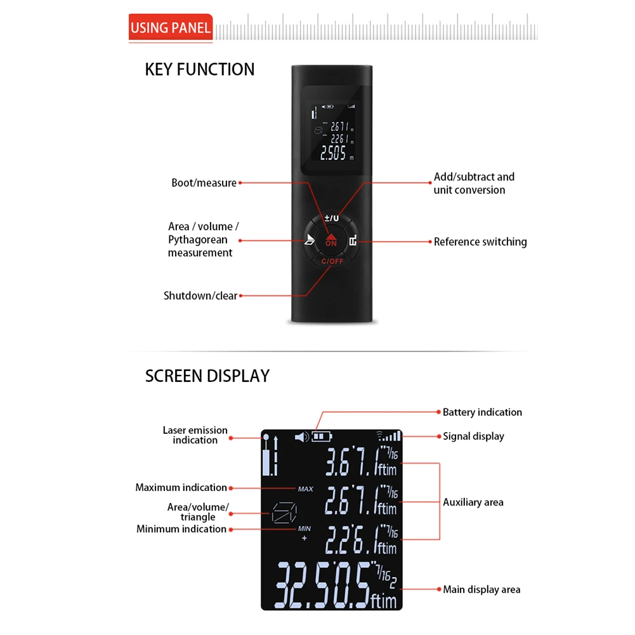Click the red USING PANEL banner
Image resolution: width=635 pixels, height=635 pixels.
(x=170, y=28)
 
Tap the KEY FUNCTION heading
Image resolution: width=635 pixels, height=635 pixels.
(x=200, y=69)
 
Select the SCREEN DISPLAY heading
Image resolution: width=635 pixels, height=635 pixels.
(x=207, y=376)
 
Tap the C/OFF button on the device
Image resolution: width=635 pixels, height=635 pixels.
(x=331, y=261)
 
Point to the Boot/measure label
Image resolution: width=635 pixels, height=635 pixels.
(x=204, y=183)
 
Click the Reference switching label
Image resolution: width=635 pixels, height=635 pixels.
(x=480, y=242)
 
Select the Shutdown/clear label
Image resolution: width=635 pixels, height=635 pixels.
(x=200, y=296)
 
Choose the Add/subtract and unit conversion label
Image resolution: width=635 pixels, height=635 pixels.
(x=474, y=183)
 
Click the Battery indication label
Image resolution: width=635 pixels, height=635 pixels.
(x=482, y=412)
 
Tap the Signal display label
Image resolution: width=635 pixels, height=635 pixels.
(x=473, y=436)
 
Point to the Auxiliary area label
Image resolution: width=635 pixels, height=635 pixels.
(x=473, y=502)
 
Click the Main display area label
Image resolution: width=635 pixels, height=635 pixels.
(x=481, y=590)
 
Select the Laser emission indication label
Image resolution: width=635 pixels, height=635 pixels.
(x=195, y=435)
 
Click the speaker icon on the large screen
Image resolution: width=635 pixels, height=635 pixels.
(x=301, y=436)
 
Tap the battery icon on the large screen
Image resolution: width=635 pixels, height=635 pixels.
(x=322, y=436)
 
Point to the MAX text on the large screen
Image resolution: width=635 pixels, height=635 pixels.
(x=305, y=489)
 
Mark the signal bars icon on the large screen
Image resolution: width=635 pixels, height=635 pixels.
(x=390, y=436)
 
